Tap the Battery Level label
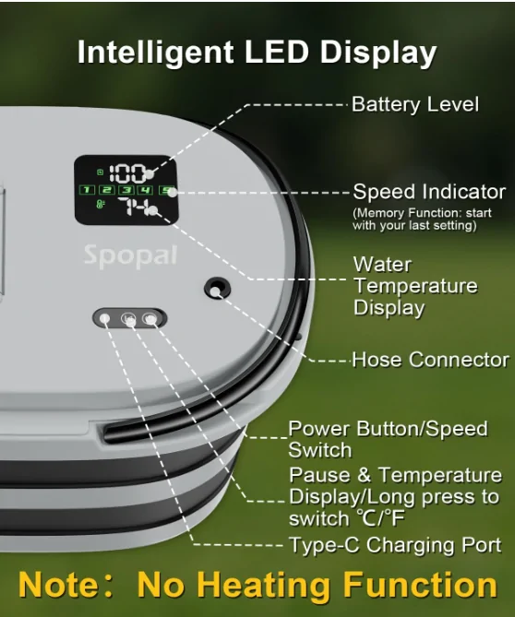click(415, 104)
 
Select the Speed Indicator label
click(429, 192)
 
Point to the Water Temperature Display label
click(415, 286)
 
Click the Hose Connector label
click(431, 360)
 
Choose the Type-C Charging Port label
click(395, 545)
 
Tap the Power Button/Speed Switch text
click(388, 439)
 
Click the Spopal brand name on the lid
click(130, 256)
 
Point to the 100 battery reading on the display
click(127, 173)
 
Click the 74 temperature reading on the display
click(134, 207)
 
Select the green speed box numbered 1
click(87, 190)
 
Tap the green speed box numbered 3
click(126, 190)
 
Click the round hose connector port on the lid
click(217, 289)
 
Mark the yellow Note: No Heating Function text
click(257, 585)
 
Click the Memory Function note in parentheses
click(422, 220)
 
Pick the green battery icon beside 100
click(101, 172)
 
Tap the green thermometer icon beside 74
click(101, 204)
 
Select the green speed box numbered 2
click(107, 190)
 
